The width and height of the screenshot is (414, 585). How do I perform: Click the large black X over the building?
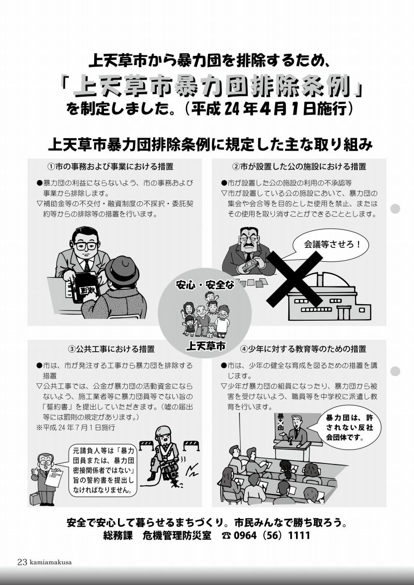click(x=295, y=279)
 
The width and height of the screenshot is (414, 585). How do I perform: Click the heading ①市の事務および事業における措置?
click(x=110, y=167)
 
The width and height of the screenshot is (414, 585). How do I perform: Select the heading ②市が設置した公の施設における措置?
click(x=299, y=167)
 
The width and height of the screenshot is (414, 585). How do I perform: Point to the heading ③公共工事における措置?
click(x=111, y=349)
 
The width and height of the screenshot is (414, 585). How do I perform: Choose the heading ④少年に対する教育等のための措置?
click(x=303, y=349)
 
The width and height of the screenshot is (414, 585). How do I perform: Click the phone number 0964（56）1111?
click(x=272, y=536)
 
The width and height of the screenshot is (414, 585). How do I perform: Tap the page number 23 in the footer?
click(x=22, y=562)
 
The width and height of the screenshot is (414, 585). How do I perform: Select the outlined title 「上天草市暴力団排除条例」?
click(x=212, y=86)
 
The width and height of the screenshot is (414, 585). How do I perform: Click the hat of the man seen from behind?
click(x=122, y=269)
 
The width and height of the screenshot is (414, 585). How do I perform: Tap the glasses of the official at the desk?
click(x=86, y=246)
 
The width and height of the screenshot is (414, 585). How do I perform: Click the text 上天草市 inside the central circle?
click(x=205, y=346)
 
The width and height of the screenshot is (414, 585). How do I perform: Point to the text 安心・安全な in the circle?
click(x=205, y=284)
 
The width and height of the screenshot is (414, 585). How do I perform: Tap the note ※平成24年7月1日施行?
click(x=76, y=428)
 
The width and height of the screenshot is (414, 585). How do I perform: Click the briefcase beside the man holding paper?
click(x=36, y=499)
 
